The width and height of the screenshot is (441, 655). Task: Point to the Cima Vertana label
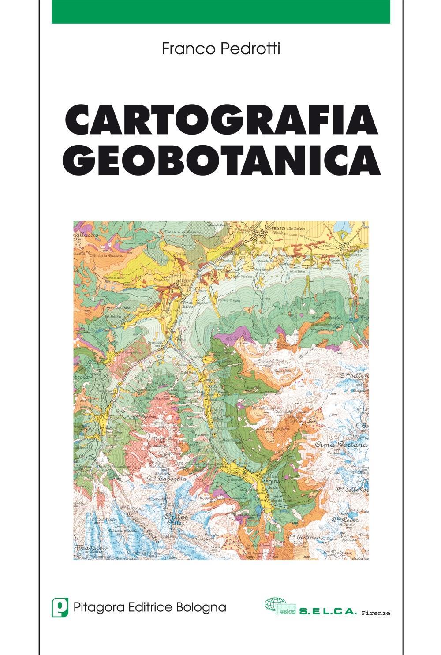click(x=341, y=445)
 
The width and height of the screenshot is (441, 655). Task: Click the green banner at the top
click(x=220, y=11)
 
